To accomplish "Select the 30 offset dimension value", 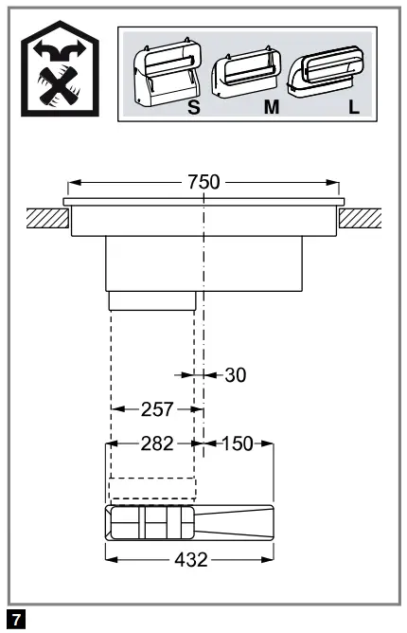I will (x=235, y=374).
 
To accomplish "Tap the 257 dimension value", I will (x=157, y=409).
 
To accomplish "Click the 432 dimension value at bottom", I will (x=190, y=560).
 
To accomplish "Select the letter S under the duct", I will (x=193, y=108).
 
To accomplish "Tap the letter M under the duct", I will (x=271, y=108).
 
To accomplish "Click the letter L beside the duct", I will (x=353, y=107).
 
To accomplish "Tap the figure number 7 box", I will (x=14, y=620).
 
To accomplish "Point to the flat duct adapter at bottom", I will (x=190, y=522).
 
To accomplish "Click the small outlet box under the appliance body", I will (x=152, y=300).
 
